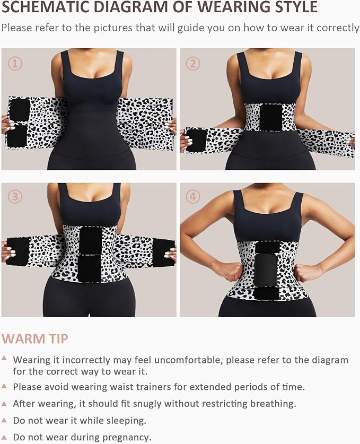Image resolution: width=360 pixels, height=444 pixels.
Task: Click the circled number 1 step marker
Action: click(15, 64)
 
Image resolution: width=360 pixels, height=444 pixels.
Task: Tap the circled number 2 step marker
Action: click(193, 64)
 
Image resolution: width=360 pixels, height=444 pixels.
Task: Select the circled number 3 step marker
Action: click(15, 196)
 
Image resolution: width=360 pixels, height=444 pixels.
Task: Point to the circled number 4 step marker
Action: click(193, 196)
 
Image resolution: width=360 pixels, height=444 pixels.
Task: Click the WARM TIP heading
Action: click(35, 338)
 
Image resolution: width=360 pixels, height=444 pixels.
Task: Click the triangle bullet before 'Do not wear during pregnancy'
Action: click(4, 436)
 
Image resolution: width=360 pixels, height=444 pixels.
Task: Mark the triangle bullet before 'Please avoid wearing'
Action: click(4, 386)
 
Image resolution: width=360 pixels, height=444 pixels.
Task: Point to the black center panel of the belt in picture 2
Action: click(270, 117)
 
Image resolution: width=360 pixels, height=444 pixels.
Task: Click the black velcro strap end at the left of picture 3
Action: click(17, 250)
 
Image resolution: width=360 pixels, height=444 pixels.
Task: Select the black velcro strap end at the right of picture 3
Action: click(163, 251)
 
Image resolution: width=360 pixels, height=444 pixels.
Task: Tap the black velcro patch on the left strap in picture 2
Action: click(197, 140)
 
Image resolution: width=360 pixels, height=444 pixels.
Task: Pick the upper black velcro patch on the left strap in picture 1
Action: click(20, 110)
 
